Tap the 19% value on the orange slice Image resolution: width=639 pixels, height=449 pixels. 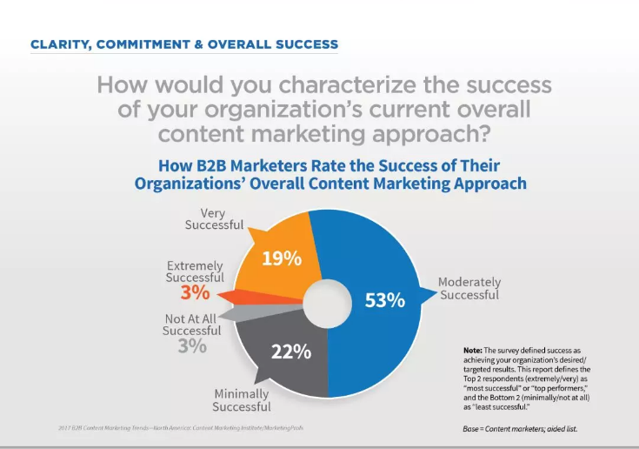click(x=280, y=258)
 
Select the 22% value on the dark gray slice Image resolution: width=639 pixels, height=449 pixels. click(x=290, y=352)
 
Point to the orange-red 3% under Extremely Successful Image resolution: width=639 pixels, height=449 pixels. click(x=194, y=293)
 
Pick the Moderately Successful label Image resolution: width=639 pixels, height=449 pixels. click(x=469, y=288)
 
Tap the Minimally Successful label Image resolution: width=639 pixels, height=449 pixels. click(x=242, y=400)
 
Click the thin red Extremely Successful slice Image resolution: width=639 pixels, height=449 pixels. click(x=279, y=293)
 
